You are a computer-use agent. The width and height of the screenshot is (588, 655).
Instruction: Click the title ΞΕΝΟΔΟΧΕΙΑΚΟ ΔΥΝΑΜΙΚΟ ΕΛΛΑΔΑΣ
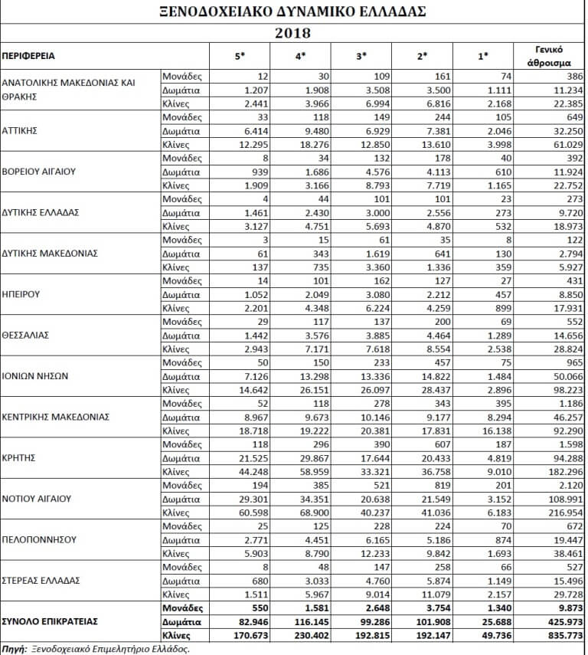(x=294, y=12)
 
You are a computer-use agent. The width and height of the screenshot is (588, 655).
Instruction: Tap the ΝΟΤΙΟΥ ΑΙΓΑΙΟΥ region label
(x=38, y=499)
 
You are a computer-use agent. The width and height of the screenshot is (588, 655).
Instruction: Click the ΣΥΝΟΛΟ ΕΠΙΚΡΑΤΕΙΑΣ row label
(x=49, y=621)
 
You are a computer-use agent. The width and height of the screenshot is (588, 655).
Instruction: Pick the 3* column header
(x=361, y=56)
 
